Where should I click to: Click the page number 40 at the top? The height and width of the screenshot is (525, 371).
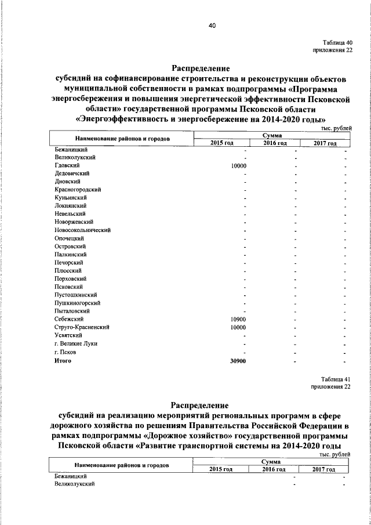(x=213, y=26)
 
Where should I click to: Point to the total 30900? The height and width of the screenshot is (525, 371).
(x=239, y=361)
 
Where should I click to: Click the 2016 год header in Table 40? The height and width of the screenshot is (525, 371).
(x=275, y=143)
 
